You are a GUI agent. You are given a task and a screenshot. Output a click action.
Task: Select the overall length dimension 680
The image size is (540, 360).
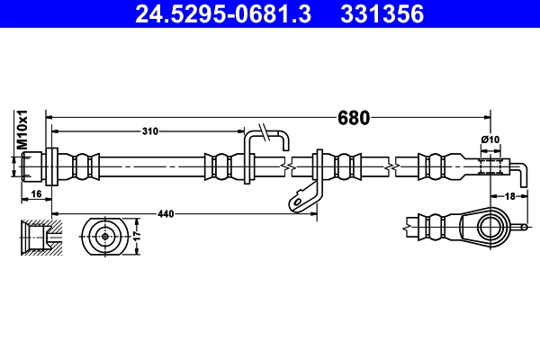353,117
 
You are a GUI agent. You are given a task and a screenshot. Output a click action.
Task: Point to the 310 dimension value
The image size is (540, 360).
149,131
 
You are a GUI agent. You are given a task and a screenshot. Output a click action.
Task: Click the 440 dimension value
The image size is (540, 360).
166,213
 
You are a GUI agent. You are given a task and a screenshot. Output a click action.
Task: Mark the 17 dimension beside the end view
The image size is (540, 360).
138,236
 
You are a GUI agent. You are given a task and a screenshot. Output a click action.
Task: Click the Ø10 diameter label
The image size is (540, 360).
490,139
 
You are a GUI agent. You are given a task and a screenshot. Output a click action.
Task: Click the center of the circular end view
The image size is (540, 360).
105,236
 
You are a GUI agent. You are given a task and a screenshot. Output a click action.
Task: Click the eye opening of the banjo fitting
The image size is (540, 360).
490,224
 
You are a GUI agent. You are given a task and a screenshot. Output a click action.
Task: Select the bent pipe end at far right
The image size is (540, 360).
520,168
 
